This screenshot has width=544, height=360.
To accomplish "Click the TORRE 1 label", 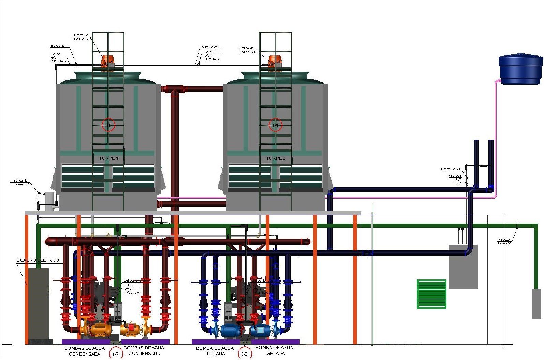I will pos(108,158).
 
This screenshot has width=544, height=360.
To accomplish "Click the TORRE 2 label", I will pos(276,158).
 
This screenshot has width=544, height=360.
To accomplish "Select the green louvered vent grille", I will pos(431,294).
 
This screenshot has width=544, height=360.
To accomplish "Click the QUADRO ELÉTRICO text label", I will pos(38,260).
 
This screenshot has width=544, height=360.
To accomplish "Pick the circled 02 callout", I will pos(116,354).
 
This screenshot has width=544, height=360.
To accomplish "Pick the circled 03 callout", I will pos(244,354).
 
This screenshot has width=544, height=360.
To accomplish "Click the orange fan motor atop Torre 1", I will pos(108,62).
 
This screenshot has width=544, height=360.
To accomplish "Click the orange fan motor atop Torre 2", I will pos(275,61).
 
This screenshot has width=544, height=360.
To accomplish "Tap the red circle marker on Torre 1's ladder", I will pos(108,125).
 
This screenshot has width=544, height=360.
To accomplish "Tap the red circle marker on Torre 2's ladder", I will pos(275,125).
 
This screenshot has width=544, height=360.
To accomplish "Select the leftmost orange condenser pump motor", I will pos(100,329).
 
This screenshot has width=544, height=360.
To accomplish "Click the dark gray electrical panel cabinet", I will pos(38,304).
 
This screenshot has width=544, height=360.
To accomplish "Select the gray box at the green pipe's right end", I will pos(536,304).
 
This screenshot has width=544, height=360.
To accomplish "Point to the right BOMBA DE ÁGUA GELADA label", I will pos(274,350).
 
